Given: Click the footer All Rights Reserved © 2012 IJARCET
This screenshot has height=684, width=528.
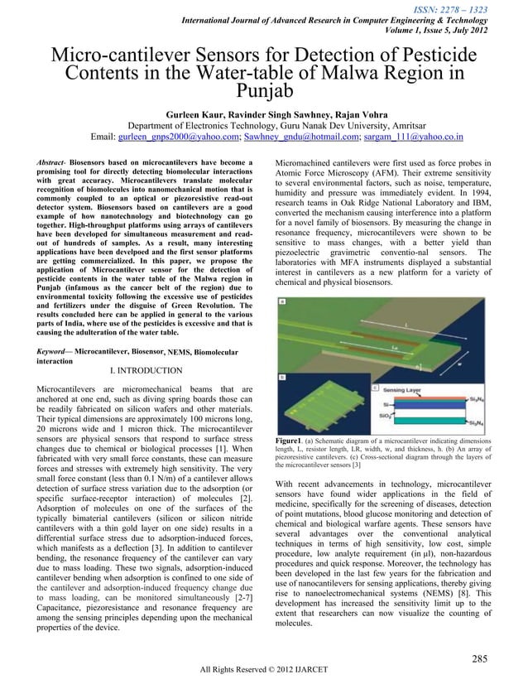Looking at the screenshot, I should point(263,669).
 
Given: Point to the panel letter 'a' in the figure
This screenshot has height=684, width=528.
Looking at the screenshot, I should point(281,304).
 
